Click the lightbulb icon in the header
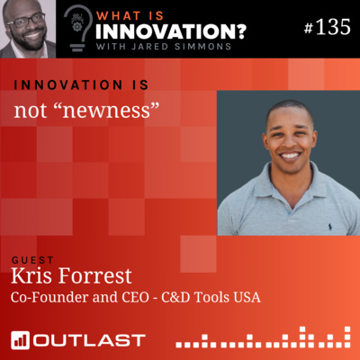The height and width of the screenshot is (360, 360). [78, 24]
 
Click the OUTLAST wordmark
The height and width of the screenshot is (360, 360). [89, 339]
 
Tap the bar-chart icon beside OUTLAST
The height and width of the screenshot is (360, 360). [21, 339]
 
